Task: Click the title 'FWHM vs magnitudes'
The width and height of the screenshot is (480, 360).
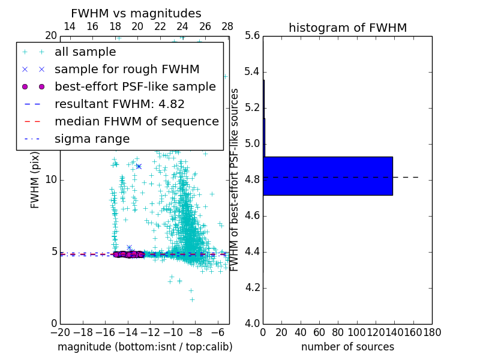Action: click(x=136, y=13)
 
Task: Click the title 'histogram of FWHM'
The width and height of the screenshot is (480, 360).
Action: click(x=347, y=28)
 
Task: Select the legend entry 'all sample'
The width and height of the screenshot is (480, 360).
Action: click(x=85, y=52)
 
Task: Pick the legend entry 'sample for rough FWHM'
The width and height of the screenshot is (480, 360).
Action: click(x=127, y=69)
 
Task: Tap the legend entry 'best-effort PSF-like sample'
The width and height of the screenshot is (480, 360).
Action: click(x=135, y=86)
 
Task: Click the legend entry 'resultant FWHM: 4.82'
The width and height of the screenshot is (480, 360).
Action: click(x=119, y=104)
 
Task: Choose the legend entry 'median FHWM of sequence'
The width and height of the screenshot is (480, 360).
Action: click(x=136, y=121)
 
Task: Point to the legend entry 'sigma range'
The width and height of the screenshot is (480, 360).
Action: click(x=92, y=139)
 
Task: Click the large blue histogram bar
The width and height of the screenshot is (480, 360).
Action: click(x=328, y=176)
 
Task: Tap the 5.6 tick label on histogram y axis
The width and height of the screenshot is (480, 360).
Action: click(x=252, y=36)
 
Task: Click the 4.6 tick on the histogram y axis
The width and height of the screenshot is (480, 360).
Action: click(x=252, y=216)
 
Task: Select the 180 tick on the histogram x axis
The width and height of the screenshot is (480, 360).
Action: click(x=432, y=332)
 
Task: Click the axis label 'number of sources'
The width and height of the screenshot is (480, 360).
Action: click(x=347, y=347)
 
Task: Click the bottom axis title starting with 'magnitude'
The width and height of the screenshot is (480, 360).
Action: click(x=145, y=347)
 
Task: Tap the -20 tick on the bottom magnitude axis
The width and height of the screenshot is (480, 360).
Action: click(x=60, y=332)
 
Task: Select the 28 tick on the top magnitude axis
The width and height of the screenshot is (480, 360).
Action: click(x=227, y=26)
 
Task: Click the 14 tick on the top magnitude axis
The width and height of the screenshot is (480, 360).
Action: click(x=70, y=26)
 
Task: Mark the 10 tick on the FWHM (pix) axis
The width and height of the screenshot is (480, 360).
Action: click(x=51, y=180)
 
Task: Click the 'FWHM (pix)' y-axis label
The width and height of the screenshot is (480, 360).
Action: click(x=35, y=180)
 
